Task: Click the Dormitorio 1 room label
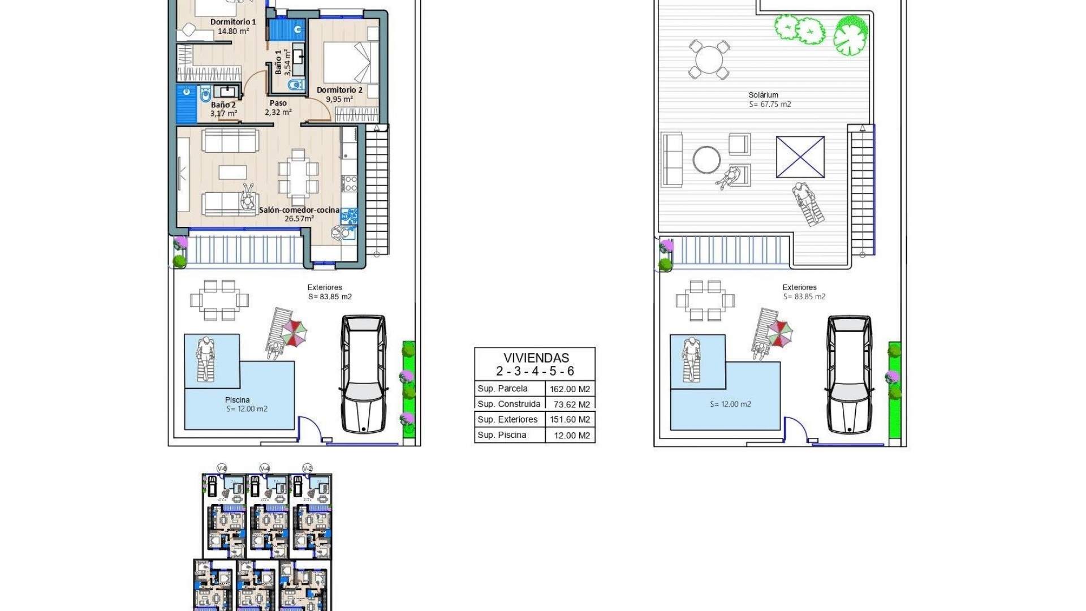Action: coord(233,22)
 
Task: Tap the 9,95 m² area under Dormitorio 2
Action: coord(339,99)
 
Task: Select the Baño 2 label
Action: coord(223,105)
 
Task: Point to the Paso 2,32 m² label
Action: coord(278,107)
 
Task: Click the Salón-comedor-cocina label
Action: coord(299,210)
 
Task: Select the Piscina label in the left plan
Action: coord(237,400)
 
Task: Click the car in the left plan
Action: coord(363,374)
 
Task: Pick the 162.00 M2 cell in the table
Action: coord(570,389)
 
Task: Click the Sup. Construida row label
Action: coord(508,404)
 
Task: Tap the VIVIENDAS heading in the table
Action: coord(536,358)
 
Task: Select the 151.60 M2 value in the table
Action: coord(570,420)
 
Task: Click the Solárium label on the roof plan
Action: coord(763,95)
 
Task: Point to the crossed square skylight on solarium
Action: coord(800,157)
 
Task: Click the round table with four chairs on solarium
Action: coord(709,59)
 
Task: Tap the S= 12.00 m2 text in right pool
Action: coord(730,404)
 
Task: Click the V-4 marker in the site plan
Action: coord(264,468)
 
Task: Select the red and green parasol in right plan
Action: coord(781,333)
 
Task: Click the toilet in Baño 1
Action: coord(295,85)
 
